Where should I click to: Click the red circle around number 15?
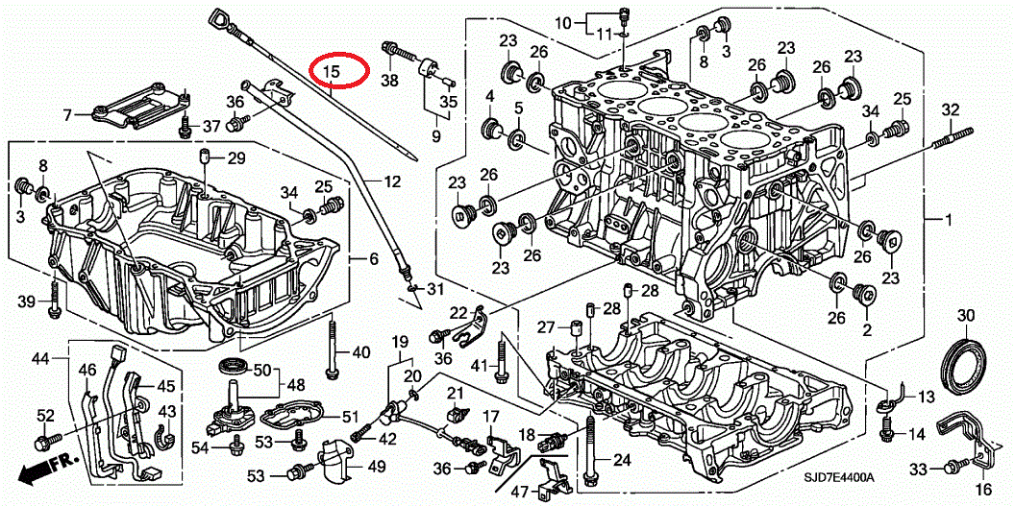coord(339,70)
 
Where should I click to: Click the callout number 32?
coord(950,109)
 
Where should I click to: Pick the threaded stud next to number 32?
coord(948,139)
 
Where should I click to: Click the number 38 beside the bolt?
coord(388,81)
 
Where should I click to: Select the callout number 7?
coord(68,115)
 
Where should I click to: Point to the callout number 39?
coord(28,301)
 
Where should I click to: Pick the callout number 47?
coord(519,492)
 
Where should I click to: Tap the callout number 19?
coord(399,341)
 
